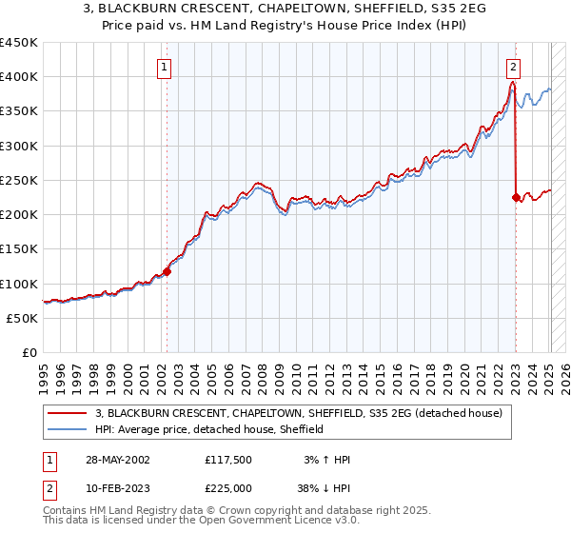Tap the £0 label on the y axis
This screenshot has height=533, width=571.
pos(29,352)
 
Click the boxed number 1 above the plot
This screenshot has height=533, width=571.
pos(166,68)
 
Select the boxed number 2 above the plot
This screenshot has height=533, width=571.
pos(514,68)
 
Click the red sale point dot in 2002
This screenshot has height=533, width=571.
pos(167,271)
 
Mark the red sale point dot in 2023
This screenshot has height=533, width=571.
pos(516,197)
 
